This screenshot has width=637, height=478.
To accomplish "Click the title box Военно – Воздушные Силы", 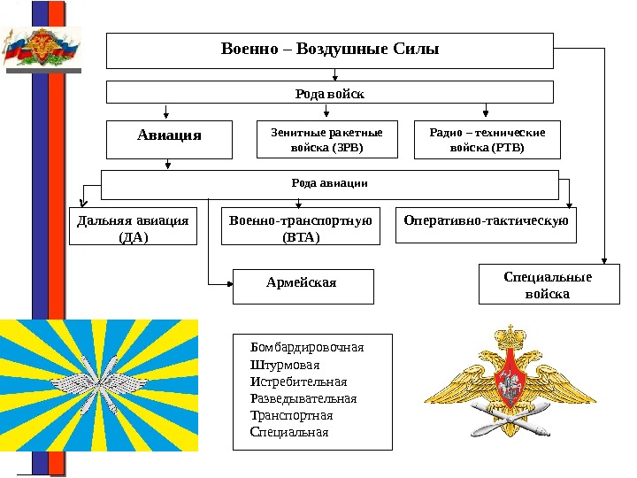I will point(329,50).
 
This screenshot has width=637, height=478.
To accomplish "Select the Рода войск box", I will point(329,92).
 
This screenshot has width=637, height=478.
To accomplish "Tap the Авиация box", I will point(169,139).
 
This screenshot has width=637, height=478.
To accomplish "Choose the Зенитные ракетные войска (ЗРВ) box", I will point(326,140).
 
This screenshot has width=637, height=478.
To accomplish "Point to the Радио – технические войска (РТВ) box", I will point(487,140).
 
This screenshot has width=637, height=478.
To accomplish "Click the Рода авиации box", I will point(329,184).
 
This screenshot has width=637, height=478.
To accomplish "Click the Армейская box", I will point(302,284).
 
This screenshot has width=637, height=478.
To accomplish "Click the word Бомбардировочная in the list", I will point(307,347).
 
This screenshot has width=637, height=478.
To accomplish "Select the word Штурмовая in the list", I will point(285,365).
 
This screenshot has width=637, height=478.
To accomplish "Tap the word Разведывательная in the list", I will point(303,398).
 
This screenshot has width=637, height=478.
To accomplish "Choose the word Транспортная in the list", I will point(291,415).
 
